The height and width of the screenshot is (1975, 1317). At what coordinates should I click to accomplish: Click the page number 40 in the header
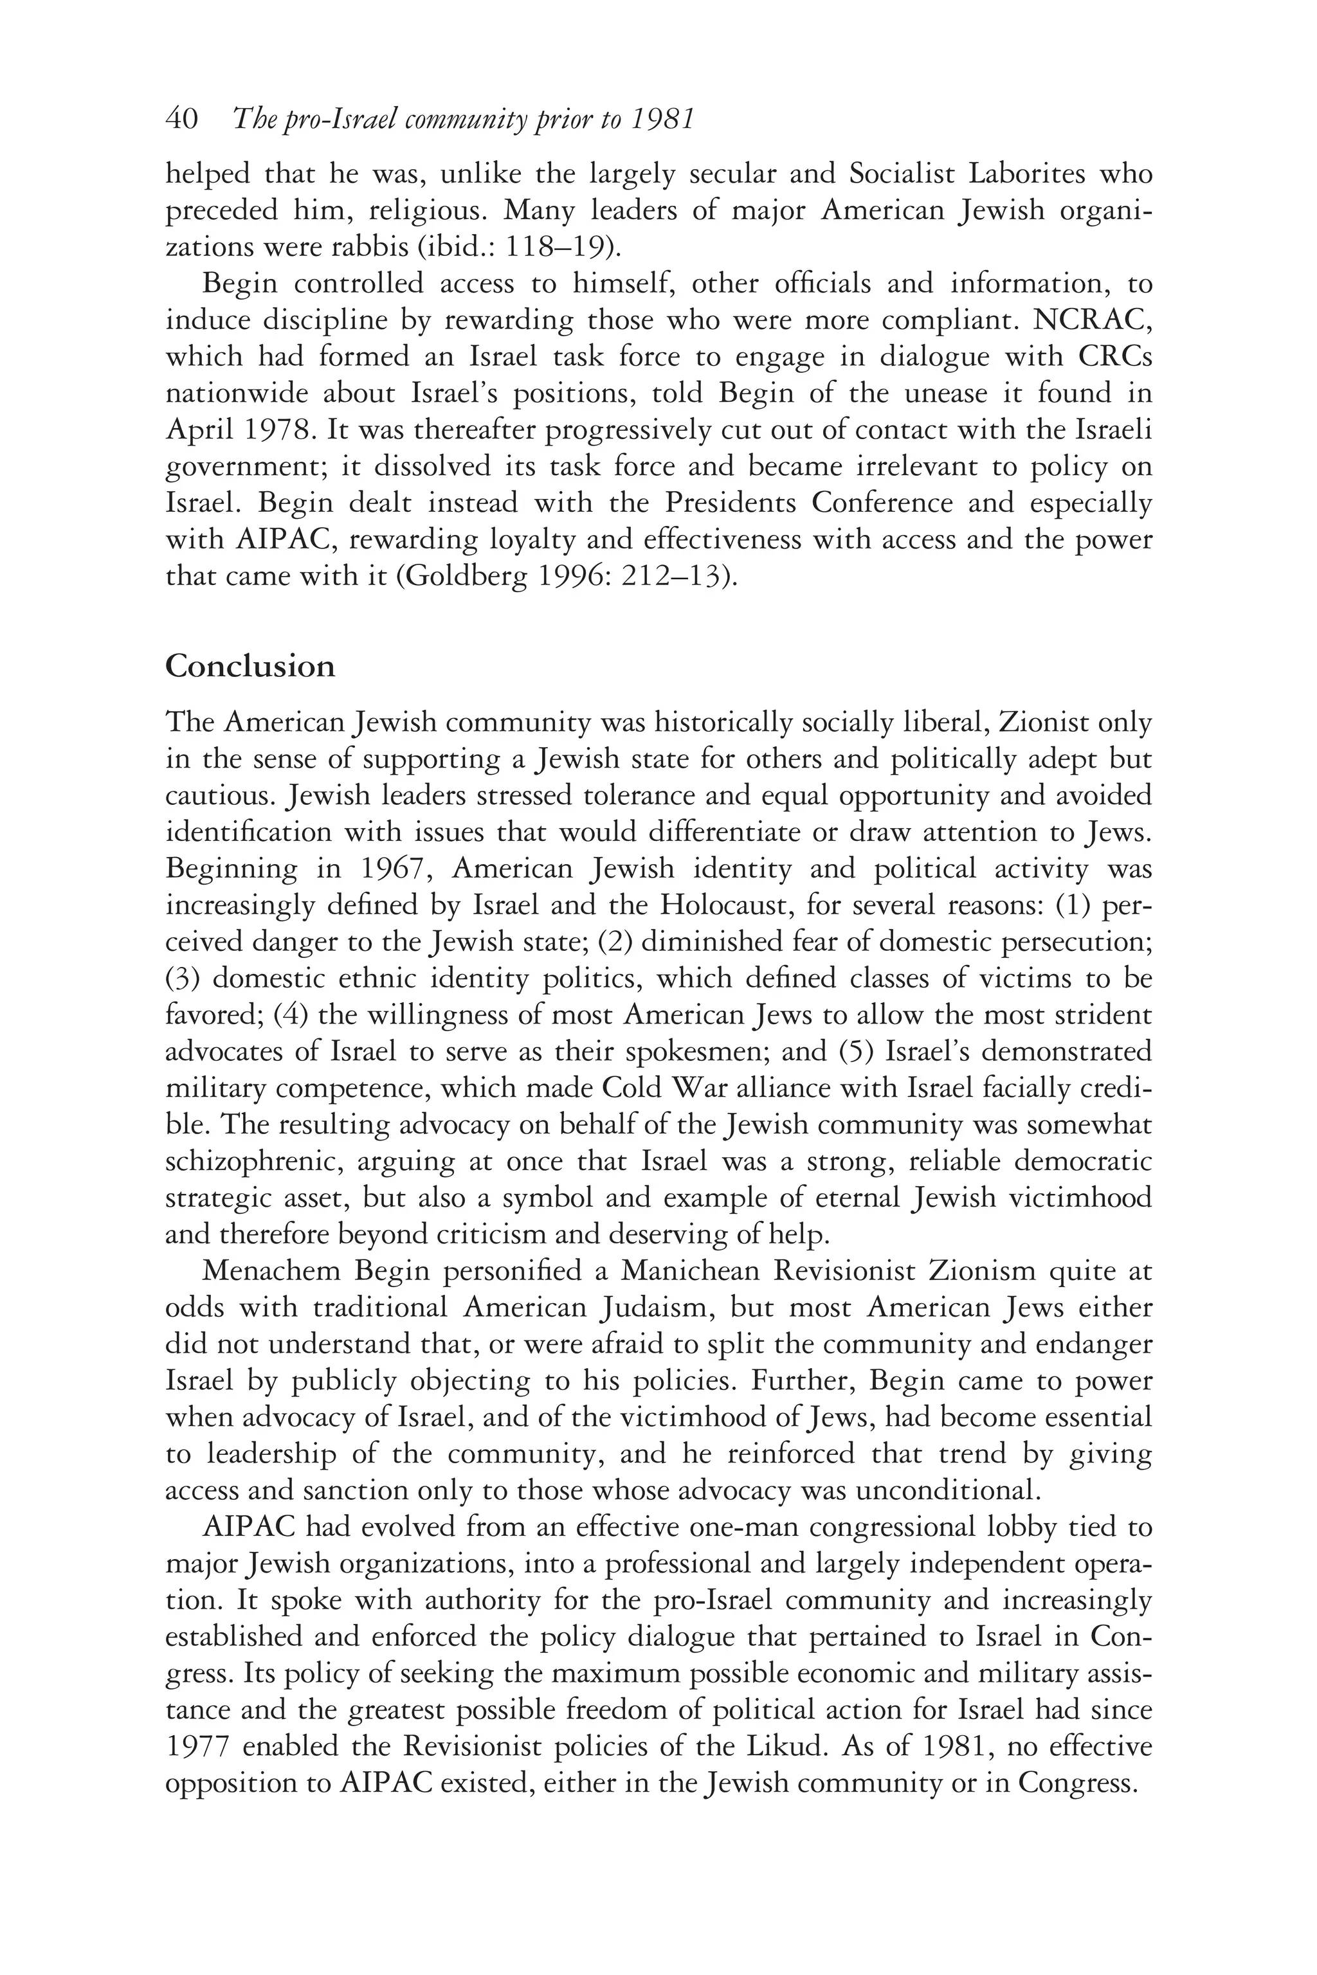point(181,120)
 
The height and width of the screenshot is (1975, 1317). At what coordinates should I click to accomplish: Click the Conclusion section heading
point(250,666)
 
